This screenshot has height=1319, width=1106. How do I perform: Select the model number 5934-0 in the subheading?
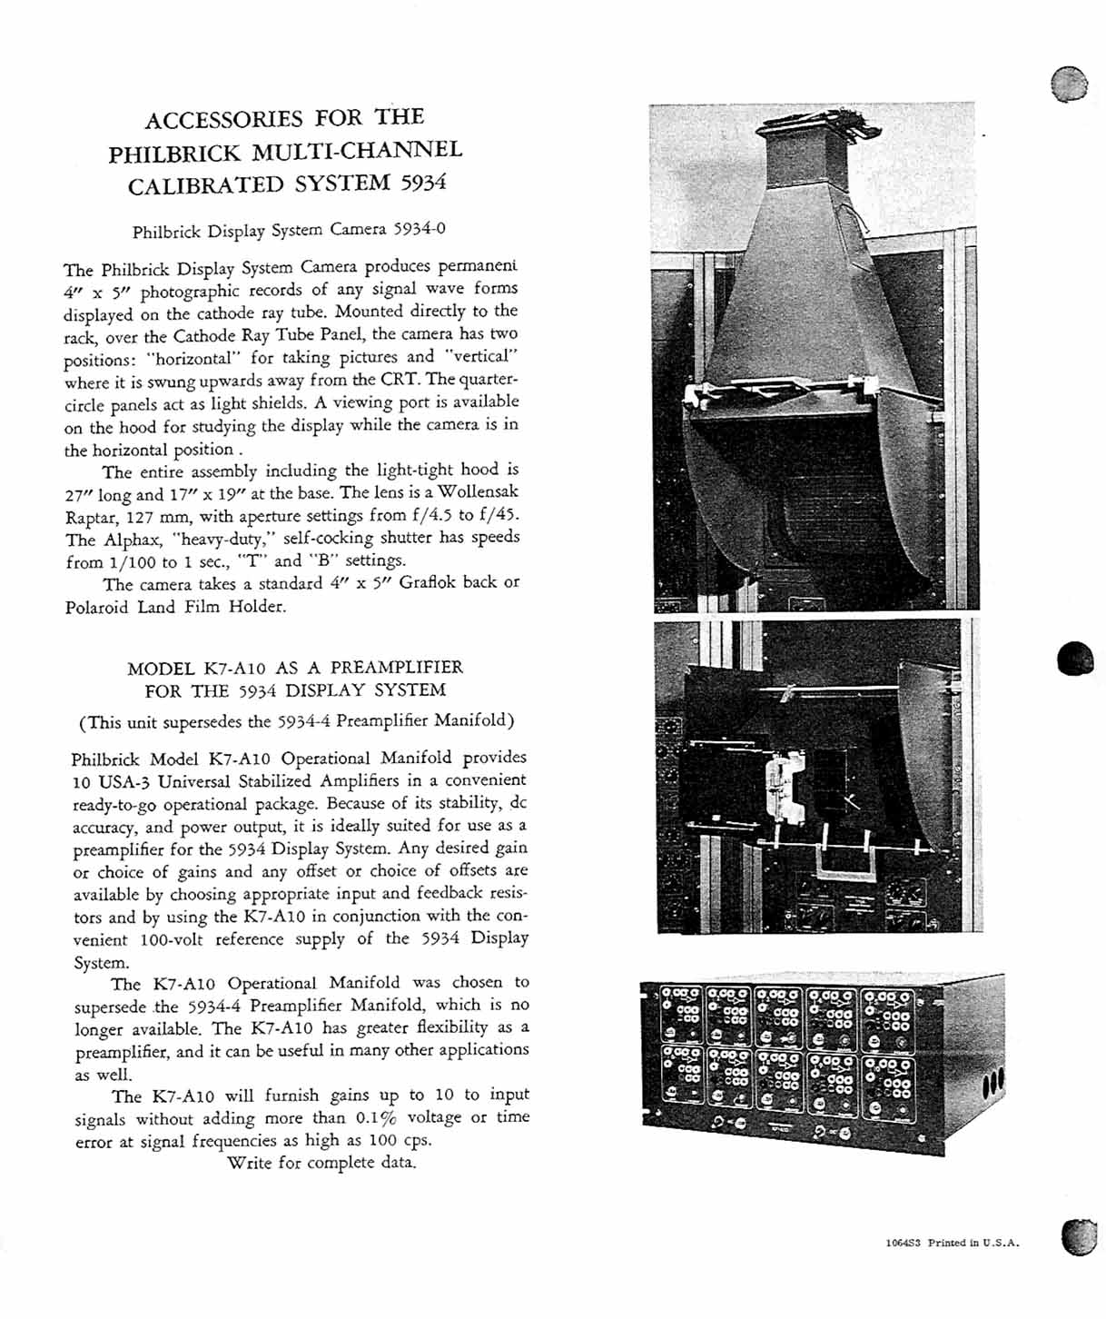tap(419, 228)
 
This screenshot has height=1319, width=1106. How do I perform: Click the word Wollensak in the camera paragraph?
tap(478, 491)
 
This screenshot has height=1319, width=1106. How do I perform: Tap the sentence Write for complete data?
tap(321, 1163)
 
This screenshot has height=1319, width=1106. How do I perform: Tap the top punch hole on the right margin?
tap(1069, 84)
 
